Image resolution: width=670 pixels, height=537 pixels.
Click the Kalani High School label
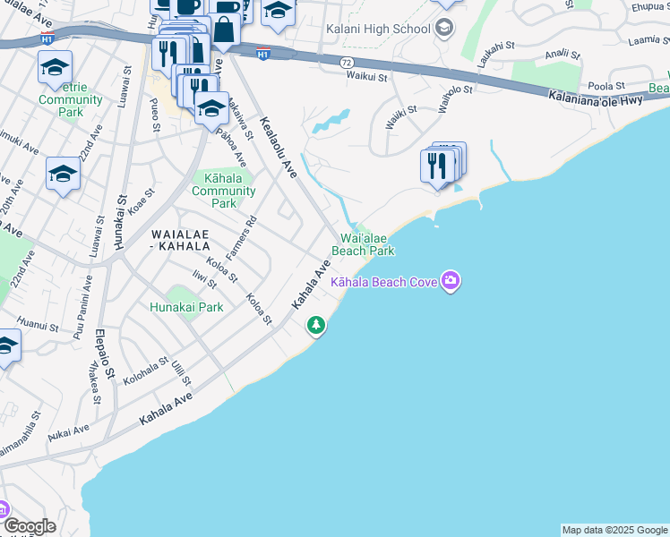point(378,29)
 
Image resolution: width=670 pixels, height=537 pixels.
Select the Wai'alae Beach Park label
point(363,244)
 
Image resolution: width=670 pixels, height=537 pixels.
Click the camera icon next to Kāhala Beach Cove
point(451,282)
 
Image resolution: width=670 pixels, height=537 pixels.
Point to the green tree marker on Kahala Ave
point(315,324)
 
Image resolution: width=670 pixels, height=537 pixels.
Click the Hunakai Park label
point(185,307)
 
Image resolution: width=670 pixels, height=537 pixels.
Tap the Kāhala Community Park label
point(225,191)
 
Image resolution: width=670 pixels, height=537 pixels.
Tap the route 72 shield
point(346,62)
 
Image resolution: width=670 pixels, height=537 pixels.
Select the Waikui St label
point(366,77)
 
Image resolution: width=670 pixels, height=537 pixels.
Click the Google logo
point(29,527)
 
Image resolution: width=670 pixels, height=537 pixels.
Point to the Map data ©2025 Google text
point(614,530)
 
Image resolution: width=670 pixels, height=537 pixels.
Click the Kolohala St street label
point(146,371)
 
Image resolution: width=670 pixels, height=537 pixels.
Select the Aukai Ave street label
point(69,433)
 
